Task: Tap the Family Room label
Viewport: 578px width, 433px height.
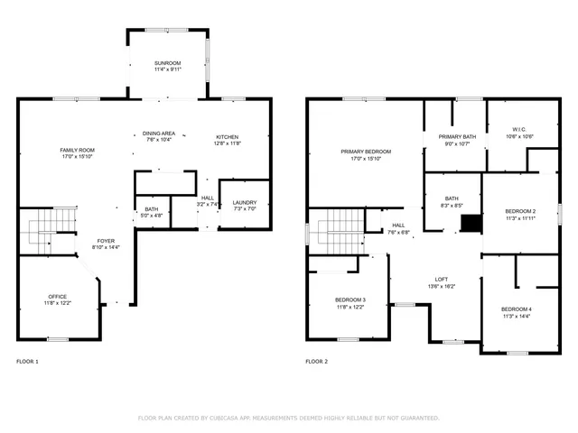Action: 77,150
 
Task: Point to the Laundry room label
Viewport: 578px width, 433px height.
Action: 244,203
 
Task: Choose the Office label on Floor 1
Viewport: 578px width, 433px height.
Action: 57,297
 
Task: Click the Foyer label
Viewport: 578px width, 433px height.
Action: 107,242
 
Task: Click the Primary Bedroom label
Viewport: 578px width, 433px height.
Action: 366,152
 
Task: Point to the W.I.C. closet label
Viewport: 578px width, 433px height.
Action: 521,129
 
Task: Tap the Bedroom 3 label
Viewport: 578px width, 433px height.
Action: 350,299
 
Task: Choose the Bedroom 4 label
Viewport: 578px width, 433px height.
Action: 516,309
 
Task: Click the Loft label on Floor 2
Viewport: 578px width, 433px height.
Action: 442,280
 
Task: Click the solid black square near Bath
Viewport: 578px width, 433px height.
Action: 470,224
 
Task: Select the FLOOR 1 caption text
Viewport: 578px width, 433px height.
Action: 28,361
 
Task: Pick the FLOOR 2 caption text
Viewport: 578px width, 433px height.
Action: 316,361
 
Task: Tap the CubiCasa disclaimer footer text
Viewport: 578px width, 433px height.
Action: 288,418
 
